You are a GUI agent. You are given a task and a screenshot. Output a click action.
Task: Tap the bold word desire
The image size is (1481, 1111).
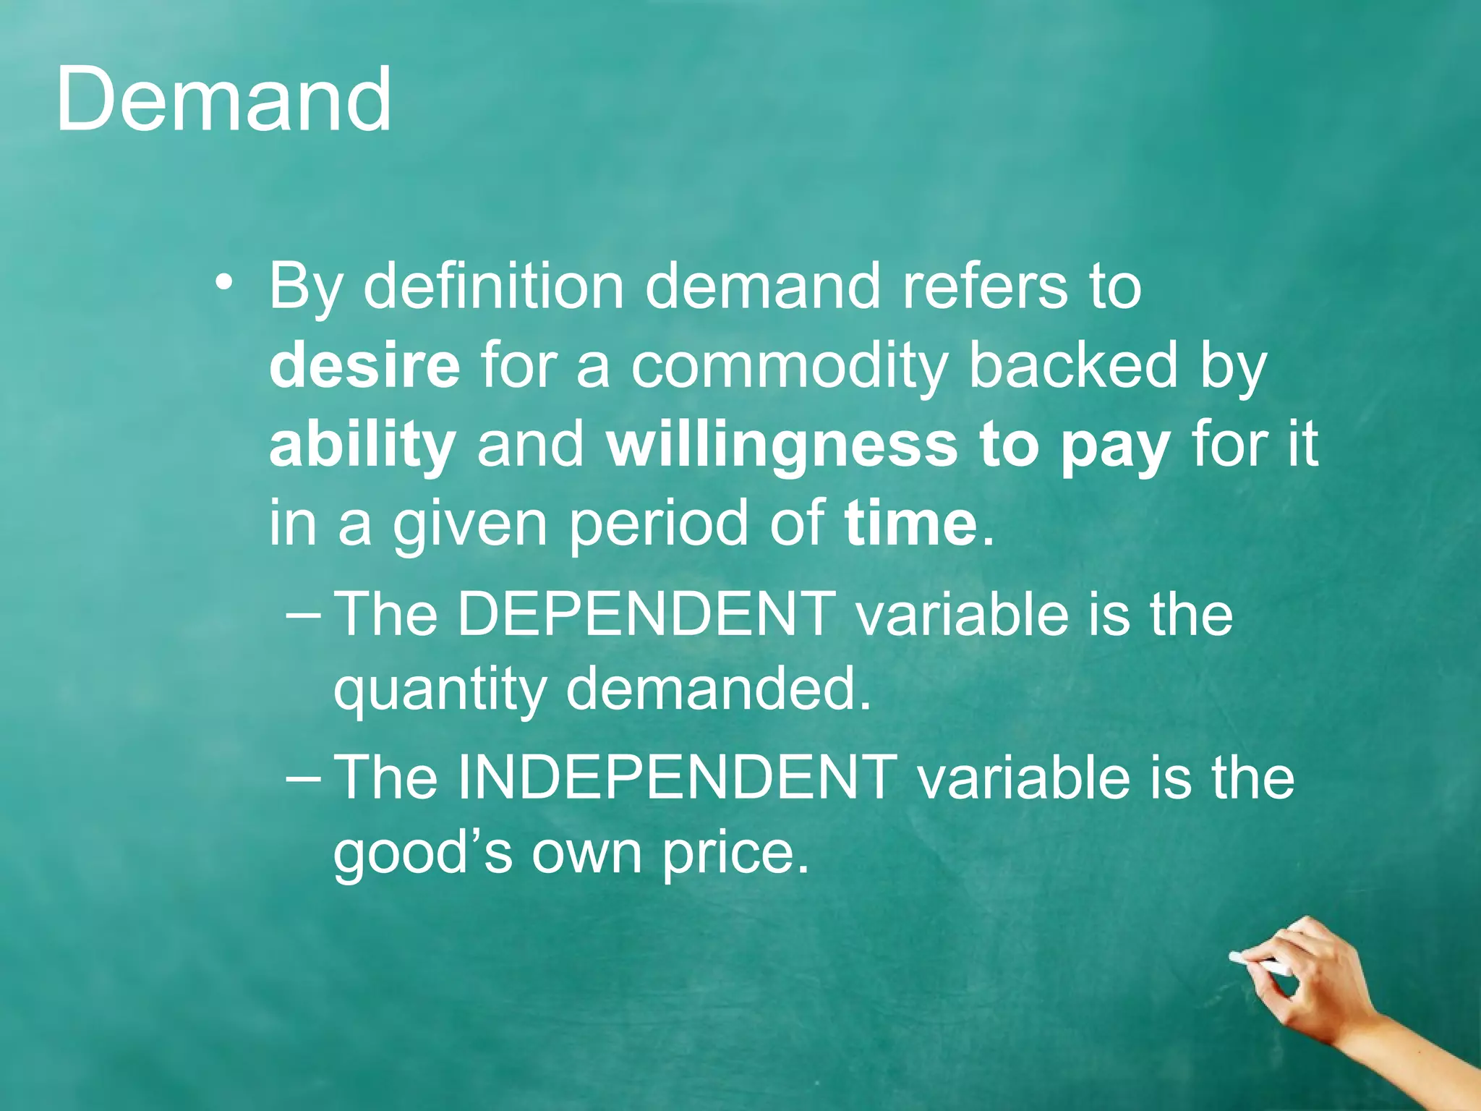coord(364,365)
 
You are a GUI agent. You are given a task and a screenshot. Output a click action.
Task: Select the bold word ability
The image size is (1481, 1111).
coord(362,445)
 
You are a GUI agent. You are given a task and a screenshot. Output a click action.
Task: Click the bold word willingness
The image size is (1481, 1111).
coord(782,445)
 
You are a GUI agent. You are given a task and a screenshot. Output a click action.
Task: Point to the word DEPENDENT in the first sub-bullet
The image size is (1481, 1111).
coord(646,614)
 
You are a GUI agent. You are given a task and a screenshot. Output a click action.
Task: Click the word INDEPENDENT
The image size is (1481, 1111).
coord(677,778)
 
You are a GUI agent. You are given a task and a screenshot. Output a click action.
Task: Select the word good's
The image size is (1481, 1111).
coord(422,853)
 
